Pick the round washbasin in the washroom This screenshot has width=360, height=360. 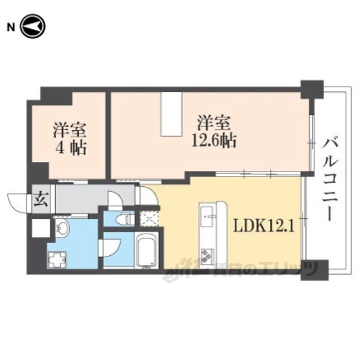pos(62,229)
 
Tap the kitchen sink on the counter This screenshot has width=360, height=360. pos(208,214)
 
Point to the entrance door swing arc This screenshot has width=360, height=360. pos(17,203)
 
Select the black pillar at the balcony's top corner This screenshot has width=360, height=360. pos(312,89)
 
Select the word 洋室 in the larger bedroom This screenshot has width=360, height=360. pos(213,122)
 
